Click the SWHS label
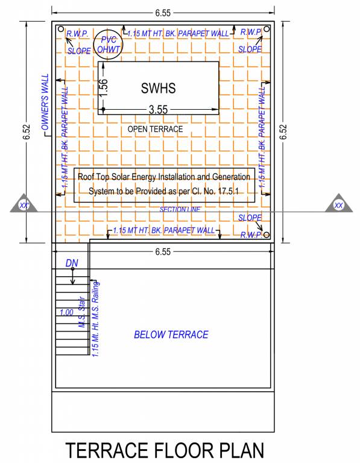pyautogui.click(x=158, y=88)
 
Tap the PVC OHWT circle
pyautogui.click(x=109, y=42)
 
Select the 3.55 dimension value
pyautogui.click(x=158, y=109)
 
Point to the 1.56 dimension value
pyautogui.click(x=104, y=88)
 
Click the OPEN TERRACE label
pyautogui.click(x=155, y=129)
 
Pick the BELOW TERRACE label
pyautogui.click(x=171, y=335)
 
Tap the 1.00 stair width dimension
pyautogui.click(x=66, y=312)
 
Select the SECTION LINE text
pyautogui.click(x=179, y=209)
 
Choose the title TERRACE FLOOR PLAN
pyautogui.click(x=165, y=450)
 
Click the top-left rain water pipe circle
pyautogui.click(x=60, y=29)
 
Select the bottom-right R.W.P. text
pyautogui.click(x=249, y=235)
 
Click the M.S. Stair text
pyautogui.click(x=80, y=315)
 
